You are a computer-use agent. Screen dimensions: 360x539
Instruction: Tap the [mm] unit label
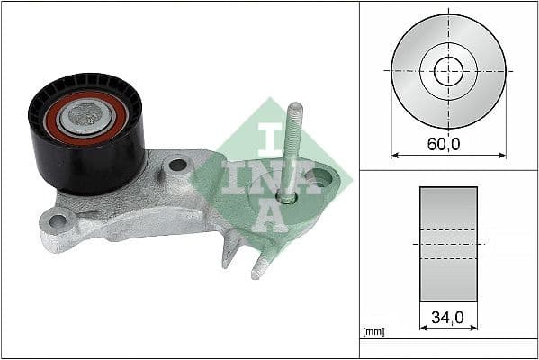(x=373, y=332)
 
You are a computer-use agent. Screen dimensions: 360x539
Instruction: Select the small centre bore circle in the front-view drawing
(x=448, y=70)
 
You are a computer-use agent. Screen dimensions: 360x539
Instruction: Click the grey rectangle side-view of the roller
(x=448, y=244)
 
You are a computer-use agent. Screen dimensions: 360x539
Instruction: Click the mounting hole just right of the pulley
(x=177, y=166)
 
